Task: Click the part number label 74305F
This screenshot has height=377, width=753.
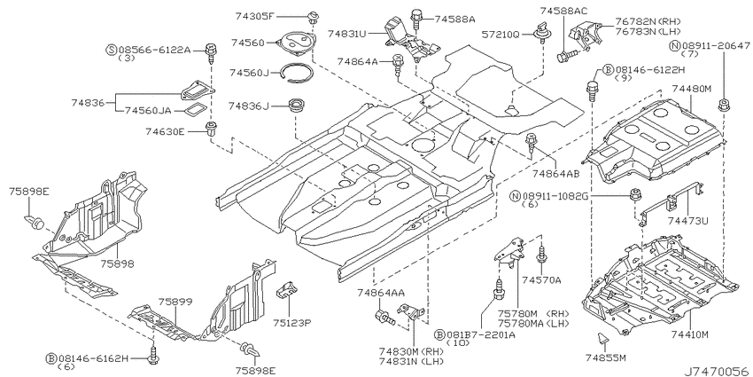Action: pyautogui.click(x=254, y=16)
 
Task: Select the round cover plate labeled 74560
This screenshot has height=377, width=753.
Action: pyautogui.click(x=296, y=43)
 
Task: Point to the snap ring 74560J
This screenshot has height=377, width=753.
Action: pyautogui.click(x=297, y=73)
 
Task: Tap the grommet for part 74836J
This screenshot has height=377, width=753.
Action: pyautogui.click(x=295, y=105)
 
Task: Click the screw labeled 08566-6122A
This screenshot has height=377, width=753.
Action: pyautogui.click(x=210, y=53)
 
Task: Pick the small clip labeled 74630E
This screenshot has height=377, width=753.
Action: pyautogui.click(x=211, y=129)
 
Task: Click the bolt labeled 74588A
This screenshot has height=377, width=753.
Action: pyautogui.click(x=415, y=20)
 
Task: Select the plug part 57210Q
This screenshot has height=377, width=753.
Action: pyautogui.click(x=540, y=31)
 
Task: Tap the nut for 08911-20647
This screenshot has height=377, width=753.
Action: pyautogui.click(x=723, y=106)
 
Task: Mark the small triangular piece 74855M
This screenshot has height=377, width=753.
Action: pyautogui.click(x=602, y=338)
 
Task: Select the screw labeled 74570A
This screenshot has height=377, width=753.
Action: pyautogui.click(x=542, y=255)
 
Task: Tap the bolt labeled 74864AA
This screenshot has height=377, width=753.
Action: pyautogui.click(x=384, y=317)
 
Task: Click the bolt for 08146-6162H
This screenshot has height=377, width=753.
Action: pyautogui.click(x=154, y=353)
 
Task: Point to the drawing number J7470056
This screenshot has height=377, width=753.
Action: pyautogui.click(x=717, y=371)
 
